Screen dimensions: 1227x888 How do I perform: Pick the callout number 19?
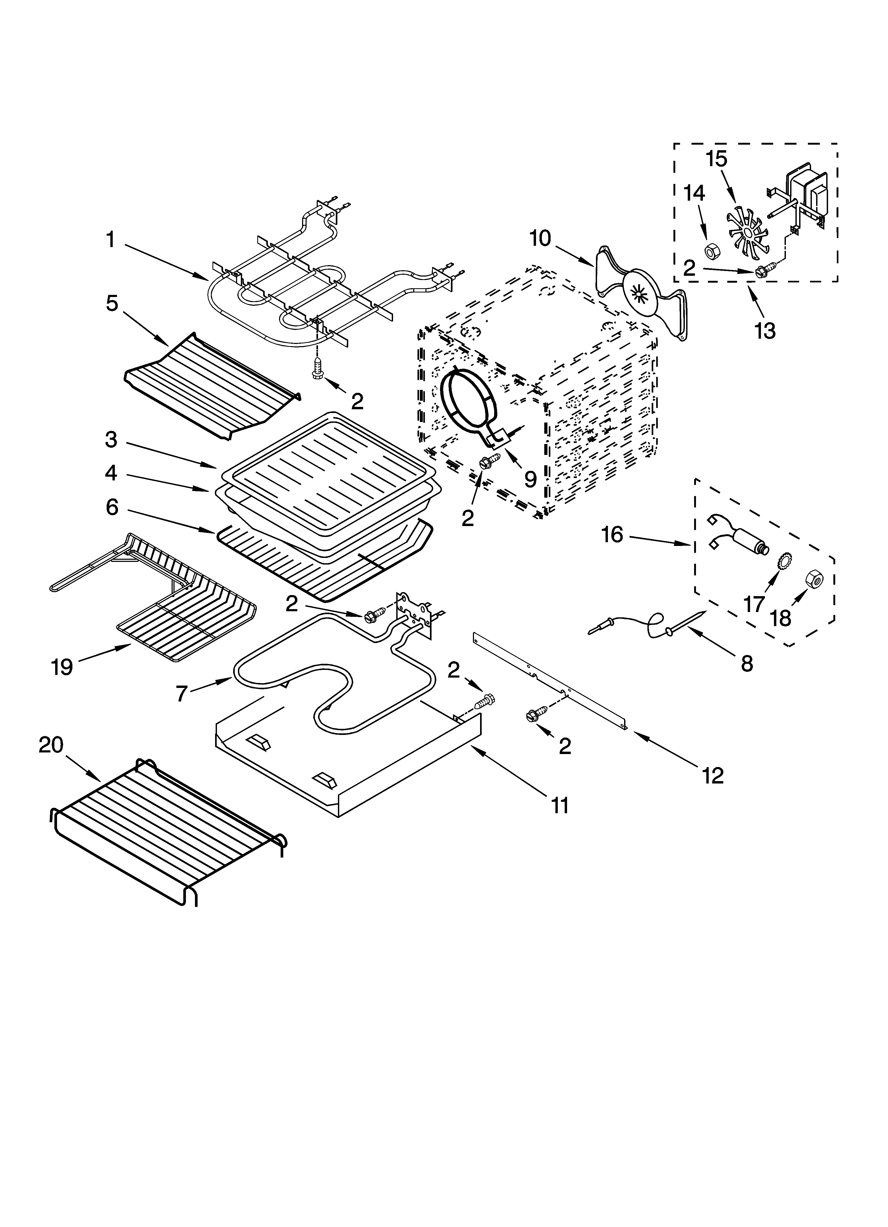coord(62,667)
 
